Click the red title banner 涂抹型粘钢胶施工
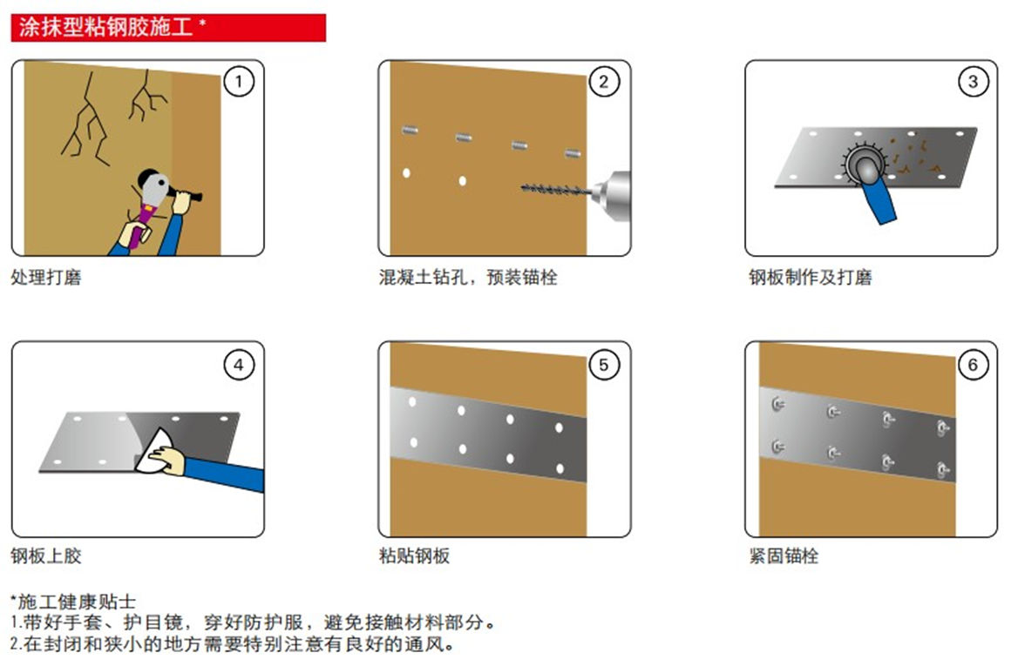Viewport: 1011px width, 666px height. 168,28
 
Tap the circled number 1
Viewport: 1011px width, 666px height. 239,82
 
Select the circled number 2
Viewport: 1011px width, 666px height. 604,82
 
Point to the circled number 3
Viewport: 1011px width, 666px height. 973,82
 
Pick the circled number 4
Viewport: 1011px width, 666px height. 239,365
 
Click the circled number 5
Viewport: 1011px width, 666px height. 604,365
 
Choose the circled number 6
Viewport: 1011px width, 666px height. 973,365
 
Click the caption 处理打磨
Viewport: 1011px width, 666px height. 46,278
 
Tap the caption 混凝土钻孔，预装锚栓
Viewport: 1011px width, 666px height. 468,278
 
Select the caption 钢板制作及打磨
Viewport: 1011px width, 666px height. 811,278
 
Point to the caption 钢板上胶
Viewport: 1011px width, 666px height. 46,555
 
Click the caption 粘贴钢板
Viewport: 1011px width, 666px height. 415,555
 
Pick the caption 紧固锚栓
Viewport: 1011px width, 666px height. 784,555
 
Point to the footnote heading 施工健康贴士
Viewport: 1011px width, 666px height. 73,602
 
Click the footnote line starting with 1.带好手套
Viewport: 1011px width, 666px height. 254,622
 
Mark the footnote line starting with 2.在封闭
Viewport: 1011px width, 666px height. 233,643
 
